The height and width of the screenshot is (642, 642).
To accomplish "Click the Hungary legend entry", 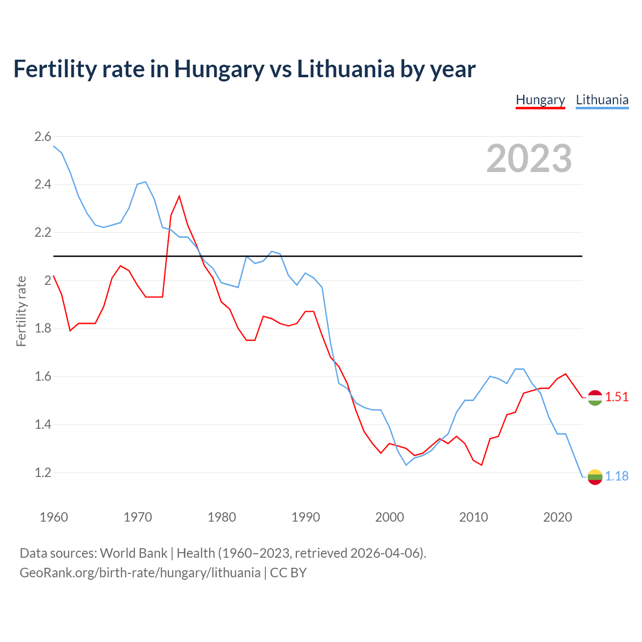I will (540, 100).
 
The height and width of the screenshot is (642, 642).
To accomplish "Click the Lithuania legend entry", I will (602, 100).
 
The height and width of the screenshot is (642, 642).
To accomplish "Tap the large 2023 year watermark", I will (529, 158).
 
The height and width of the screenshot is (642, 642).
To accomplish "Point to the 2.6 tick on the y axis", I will (43, 136).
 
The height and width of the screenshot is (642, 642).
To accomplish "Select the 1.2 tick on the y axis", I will (43, 472).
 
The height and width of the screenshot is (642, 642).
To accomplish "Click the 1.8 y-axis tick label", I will (43, 329).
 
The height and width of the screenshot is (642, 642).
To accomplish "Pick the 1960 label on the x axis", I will (54, 517).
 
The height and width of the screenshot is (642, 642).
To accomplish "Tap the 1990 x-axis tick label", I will (305, 517).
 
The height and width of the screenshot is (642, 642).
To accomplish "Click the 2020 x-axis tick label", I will (557, 517).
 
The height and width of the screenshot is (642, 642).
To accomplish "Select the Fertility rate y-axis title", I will (21, 311).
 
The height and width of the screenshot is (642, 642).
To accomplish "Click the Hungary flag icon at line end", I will (595, 397).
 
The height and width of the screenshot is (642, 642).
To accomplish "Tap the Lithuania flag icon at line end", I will (595, 476).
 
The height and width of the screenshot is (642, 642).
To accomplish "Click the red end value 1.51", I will (616, 397).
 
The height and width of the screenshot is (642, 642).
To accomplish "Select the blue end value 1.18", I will (616, 476).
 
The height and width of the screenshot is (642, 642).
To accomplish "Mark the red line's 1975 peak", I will (179, 196).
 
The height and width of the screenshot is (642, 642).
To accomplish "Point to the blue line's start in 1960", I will (54, 146).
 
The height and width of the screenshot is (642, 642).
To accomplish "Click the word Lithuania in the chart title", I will (346, 69).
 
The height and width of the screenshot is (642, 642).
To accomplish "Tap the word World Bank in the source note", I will (133, 553).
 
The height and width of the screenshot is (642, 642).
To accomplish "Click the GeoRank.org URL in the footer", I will (140, 573).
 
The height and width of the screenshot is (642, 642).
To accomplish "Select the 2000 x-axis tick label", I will (390, 517).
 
